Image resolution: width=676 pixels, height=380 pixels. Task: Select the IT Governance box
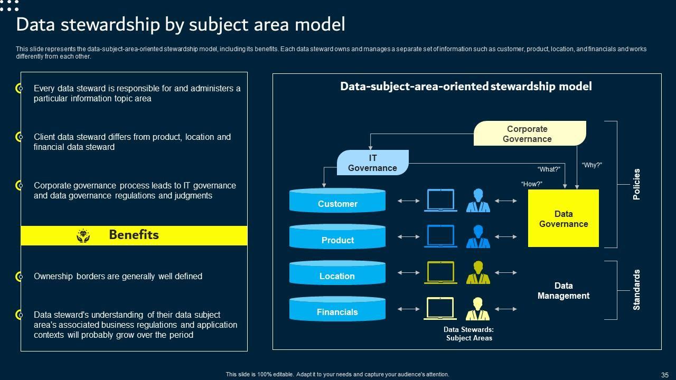point(372,163)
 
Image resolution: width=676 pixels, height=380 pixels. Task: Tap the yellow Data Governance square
point(564,218)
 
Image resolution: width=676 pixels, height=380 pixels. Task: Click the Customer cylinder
point(337,201)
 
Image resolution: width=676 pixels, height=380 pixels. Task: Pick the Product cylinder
point(337,237)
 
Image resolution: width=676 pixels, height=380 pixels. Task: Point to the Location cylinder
point(337,273)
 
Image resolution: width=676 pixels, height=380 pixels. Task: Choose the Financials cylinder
point(337,309)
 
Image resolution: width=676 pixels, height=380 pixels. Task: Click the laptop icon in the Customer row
point(440,201)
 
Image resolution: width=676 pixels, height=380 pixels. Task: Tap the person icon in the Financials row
point(478,309)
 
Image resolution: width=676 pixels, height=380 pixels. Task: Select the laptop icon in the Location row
point(440,272)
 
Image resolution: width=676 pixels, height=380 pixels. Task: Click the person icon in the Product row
point(478,236)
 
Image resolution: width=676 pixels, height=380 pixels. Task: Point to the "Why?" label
point(591,165)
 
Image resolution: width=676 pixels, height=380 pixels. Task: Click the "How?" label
point(531,184)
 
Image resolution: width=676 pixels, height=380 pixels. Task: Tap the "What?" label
point(548,169)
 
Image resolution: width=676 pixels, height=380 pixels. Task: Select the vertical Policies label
point(636,184)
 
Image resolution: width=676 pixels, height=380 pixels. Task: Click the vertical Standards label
point(636,290)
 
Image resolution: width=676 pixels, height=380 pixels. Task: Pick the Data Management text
point(564,291)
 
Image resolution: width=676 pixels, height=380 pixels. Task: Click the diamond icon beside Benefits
point(83,235)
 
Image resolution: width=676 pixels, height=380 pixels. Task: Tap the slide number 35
point(664,375)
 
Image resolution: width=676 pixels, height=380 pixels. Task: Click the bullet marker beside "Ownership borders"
point(20,277)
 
